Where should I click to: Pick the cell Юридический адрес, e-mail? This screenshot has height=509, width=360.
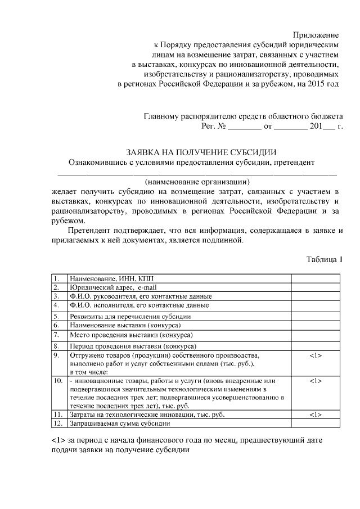click(109, 287)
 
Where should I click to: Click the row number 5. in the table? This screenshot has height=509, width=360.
click(57, 317)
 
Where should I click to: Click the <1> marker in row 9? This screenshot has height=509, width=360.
click(315, 356)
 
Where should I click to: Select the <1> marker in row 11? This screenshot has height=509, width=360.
click(315, 415)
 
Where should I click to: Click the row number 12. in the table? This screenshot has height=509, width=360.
click(57, 424)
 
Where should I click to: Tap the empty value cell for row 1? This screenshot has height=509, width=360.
click(315, 278)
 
